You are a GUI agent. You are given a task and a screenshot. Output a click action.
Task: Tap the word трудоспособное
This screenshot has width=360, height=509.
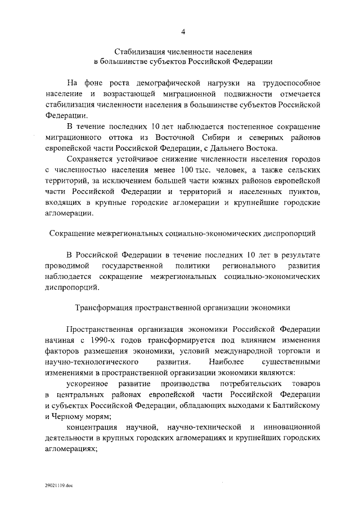click(289, 83)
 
